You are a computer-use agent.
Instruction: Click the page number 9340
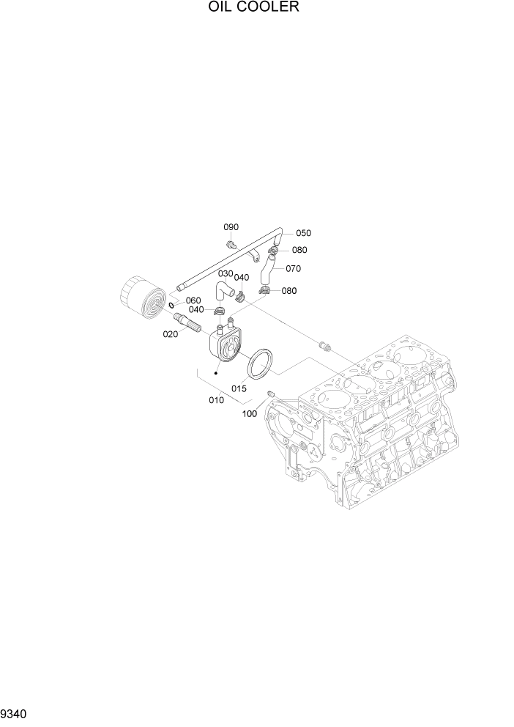click(18, 712)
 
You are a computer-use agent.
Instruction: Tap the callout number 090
click(231, 227)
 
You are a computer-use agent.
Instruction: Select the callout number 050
click(303, 233)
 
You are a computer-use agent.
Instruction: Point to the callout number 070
click(293, 268)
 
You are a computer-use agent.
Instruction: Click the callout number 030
click(225, 273)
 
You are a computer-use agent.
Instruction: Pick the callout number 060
click(193, 300)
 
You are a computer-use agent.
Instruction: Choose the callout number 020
click(171, 333)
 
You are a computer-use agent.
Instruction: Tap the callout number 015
click(239, 388)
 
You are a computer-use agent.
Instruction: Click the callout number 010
click(216, 400)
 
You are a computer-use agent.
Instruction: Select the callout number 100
click(249, 414)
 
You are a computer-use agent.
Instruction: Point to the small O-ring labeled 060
click(171, 305)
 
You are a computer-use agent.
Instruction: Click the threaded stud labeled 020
click(189, 323)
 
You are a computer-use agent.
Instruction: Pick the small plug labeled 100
click(271, 396)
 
